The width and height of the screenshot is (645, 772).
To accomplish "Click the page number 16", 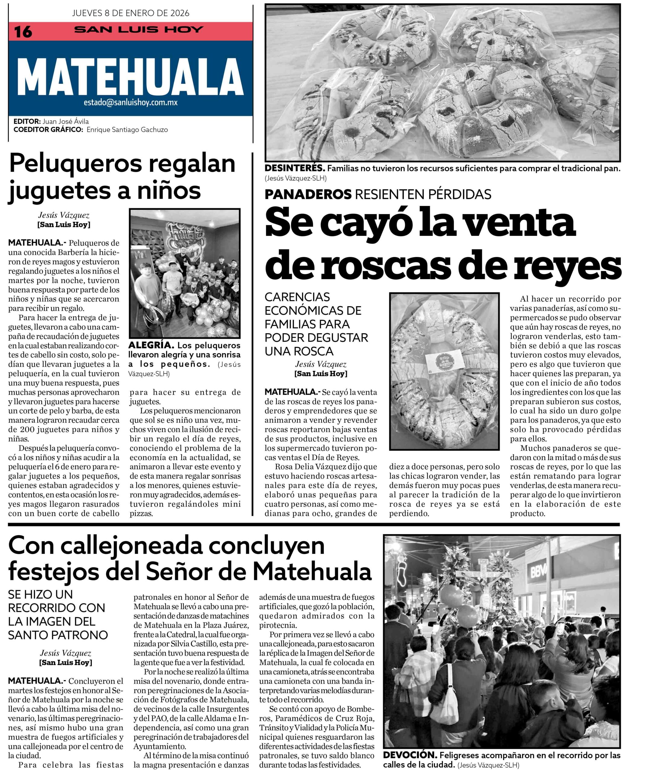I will [x=23, y=32].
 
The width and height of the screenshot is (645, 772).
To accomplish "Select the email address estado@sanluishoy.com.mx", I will [x=131, y=103].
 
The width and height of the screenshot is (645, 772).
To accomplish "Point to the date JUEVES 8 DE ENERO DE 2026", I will [x=131, y=13].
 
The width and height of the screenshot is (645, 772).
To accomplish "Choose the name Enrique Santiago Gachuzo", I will [x=127, y=129].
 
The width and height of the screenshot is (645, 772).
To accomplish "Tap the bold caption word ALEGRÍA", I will [x=151, y=346].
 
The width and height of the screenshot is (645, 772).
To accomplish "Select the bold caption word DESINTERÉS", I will [x=295, y=169].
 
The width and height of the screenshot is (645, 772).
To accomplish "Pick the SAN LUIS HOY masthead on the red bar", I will [x=139, y=30].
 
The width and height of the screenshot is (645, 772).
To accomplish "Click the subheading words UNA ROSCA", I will [x=299, y=351].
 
